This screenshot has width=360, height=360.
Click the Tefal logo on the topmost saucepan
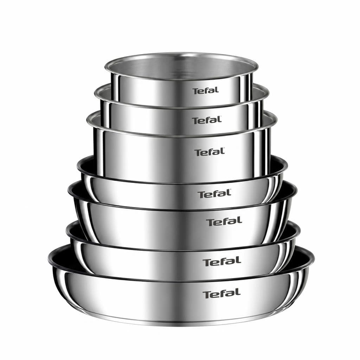[206, 91]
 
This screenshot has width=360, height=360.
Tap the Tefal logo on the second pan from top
[207, 120]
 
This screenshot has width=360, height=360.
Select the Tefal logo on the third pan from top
[210, 152]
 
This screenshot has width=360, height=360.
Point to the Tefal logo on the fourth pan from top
[214, 194]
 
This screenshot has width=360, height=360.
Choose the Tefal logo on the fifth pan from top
[224, 221]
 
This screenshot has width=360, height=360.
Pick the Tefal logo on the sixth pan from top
[222, 262]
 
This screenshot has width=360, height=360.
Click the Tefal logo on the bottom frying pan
[221, 294]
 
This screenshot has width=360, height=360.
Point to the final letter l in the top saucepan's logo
[217, 90]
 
